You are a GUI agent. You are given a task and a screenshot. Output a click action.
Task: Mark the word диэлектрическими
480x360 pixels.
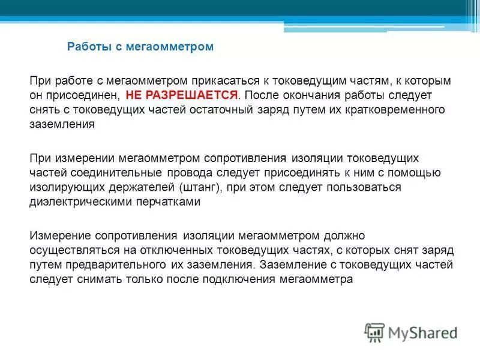(77, 202)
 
